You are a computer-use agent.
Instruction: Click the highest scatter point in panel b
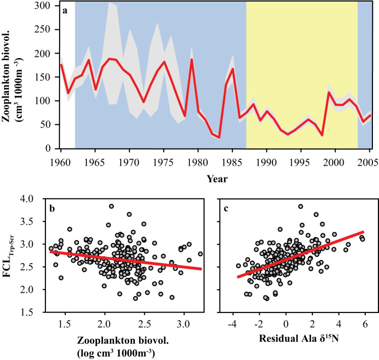pos(111,206)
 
